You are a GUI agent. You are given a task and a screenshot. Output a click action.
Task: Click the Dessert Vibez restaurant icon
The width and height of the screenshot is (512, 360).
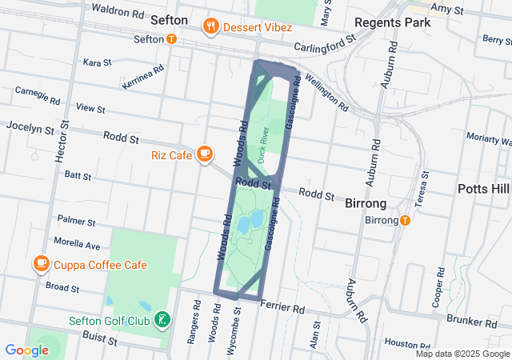pyautogui.click(x=211, y=25)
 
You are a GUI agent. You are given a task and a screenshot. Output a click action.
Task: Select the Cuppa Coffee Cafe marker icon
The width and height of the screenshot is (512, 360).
pyautogui.click(x=40, y=263)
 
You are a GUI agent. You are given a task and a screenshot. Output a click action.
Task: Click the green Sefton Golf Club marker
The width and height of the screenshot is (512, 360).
pyautogui.click(x=163, y=321)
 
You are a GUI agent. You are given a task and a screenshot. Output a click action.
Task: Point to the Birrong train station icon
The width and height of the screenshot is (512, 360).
pyautogui.click(x=405, y=220)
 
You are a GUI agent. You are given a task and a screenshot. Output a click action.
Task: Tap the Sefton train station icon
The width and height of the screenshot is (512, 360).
pyautogui.click(x=172, y=38)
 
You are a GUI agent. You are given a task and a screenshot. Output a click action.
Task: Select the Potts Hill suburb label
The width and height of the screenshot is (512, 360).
pyautogui.click(x=483, y=189)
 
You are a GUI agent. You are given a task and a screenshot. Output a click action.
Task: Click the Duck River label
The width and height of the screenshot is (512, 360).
pyautogui.click(x=262, y=141)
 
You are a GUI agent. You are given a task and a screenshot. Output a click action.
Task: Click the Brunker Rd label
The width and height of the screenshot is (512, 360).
pyautogui.click(x=466, y=320)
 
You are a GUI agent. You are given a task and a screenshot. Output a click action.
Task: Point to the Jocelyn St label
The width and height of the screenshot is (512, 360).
pyautogui.click(x=30, y=127)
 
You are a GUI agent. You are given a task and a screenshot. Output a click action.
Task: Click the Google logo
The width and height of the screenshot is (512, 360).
pyautogui.click(x=26, y=350)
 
